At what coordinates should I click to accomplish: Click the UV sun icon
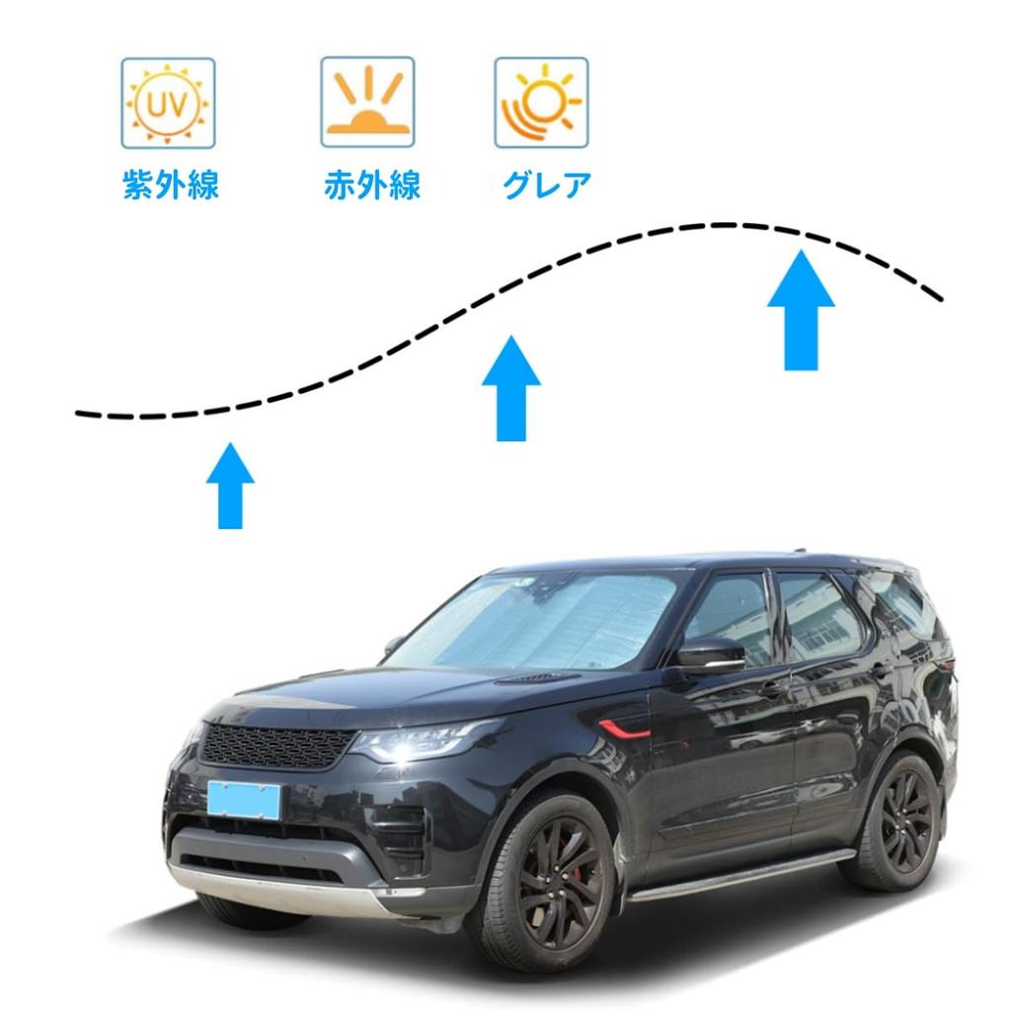pos(168,103)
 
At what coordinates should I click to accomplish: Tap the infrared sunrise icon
pos(367,103)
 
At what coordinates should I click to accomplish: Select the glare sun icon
pos(541,103)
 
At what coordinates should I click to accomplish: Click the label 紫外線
pos(170,185)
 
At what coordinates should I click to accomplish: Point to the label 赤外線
pos(371,185)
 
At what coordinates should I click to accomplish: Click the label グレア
pos(546,185)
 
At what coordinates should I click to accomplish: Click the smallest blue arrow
pos(230,486)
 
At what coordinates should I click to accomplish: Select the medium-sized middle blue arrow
pos(511,389)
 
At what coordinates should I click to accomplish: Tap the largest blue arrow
pos(801,310)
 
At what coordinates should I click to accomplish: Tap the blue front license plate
pos(243,799)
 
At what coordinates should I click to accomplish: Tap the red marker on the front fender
pos(625,730)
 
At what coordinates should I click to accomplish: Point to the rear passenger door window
pos(817,617)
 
